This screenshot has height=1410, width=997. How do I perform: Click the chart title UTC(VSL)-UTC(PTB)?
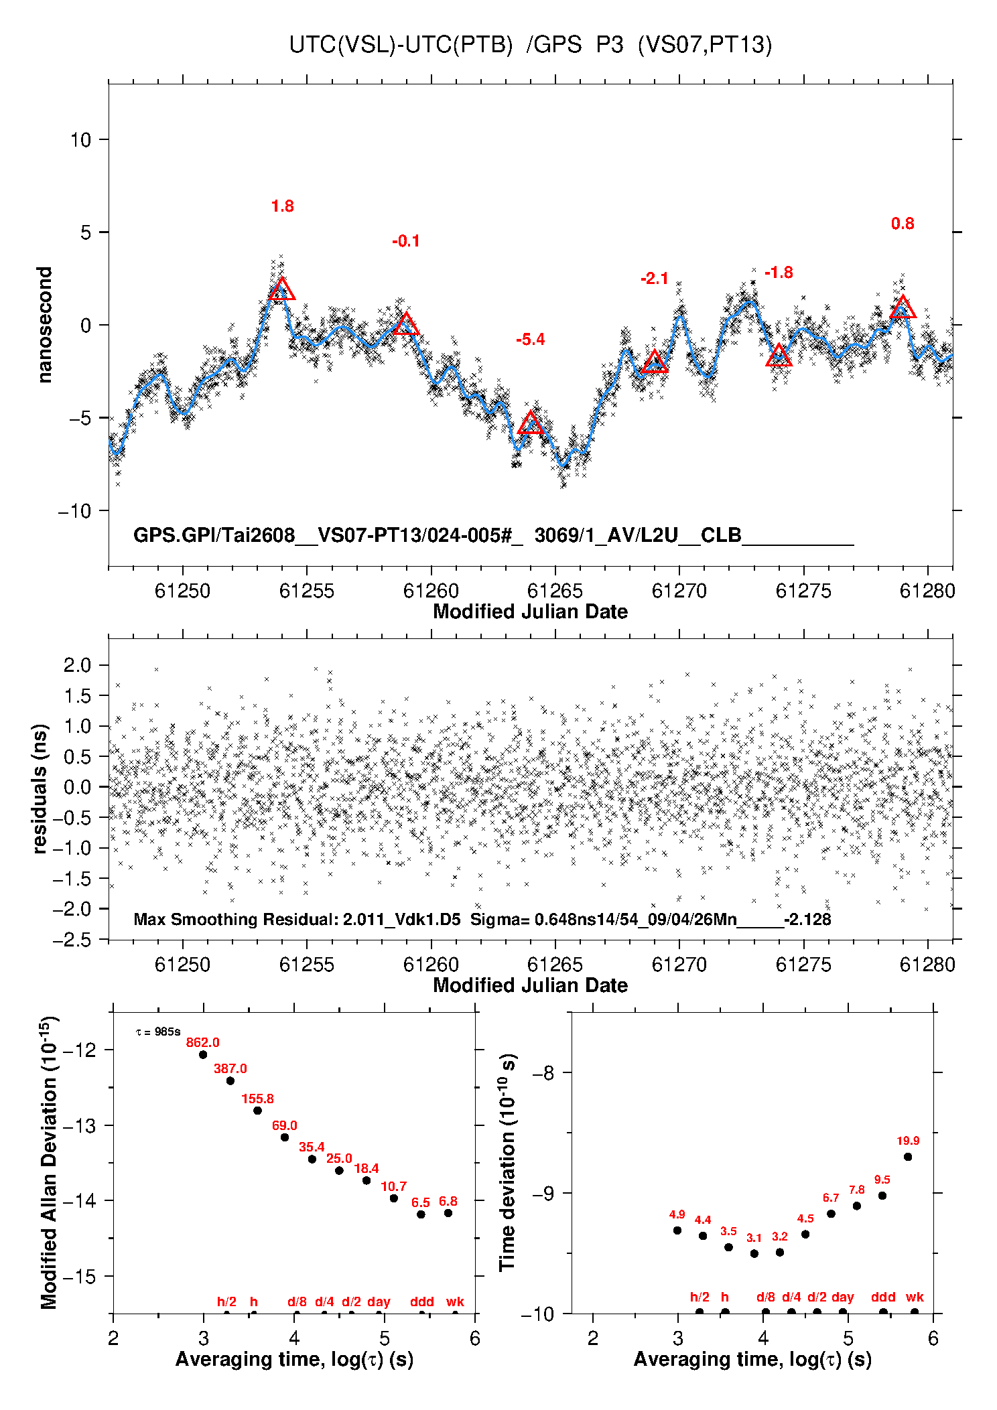[x=401, y=45]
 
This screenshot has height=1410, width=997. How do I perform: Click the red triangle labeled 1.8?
[x=282, y=289]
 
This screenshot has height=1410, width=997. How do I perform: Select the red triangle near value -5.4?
[x=531, y=423]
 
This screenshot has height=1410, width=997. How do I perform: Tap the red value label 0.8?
[x=903, y=224]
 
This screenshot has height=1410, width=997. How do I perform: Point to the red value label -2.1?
[x=654, y=279]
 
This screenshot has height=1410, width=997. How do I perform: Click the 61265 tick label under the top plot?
[x=555, y=591]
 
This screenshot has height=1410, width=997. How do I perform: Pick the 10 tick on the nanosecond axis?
[x=80, y=140]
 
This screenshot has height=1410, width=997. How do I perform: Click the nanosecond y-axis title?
[x=44, y=325]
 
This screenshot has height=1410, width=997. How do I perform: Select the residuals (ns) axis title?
[x=40, y=788]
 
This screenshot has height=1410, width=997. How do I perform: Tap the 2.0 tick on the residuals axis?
[x=77, y=665]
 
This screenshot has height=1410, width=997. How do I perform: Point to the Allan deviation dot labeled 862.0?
[x=203, y=1055]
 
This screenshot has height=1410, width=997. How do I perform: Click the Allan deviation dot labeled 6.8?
[x=448, y=1213]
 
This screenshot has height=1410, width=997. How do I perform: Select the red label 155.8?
[x=257, y=1099]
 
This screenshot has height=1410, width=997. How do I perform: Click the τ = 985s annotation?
[x=158, y=1032]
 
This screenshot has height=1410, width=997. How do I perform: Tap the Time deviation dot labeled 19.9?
[x=908, y=1157]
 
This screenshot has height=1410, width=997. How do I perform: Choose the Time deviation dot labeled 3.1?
[x=754, y=1254]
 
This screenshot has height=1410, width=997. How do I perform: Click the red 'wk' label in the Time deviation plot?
[x=915, y=1297]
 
